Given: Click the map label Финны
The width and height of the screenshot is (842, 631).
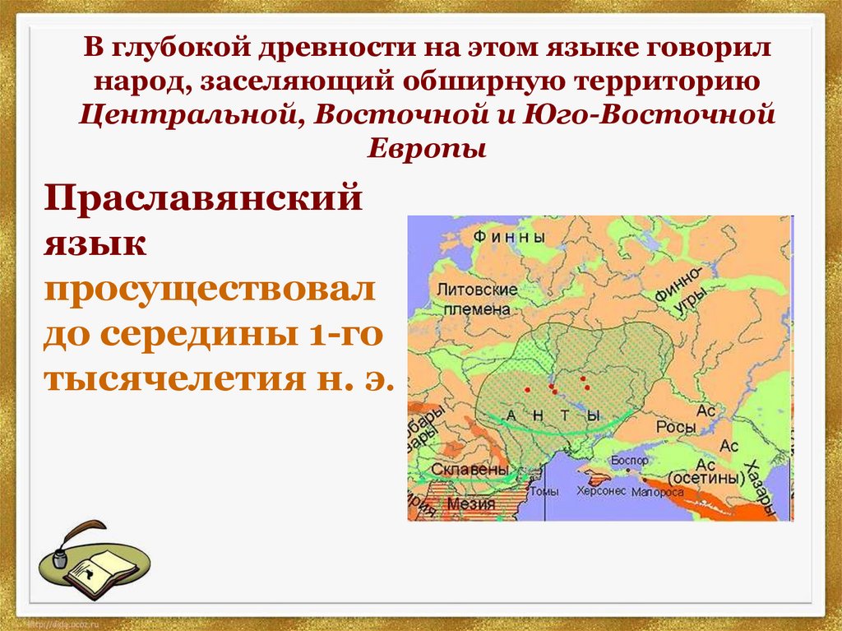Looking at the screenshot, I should (510, 237).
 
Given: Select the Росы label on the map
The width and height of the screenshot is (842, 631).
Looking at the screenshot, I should (676, 428).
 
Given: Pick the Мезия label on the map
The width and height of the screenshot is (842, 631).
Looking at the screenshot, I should (474, 503).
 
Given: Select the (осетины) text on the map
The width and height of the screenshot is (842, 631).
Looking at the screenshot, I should (701, 478).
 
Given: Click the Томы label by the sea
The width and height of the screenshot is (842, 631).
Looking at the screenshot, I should (545, 492).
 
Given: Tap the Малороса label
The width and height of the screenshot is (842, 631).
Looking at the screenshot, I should (658, 493).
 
